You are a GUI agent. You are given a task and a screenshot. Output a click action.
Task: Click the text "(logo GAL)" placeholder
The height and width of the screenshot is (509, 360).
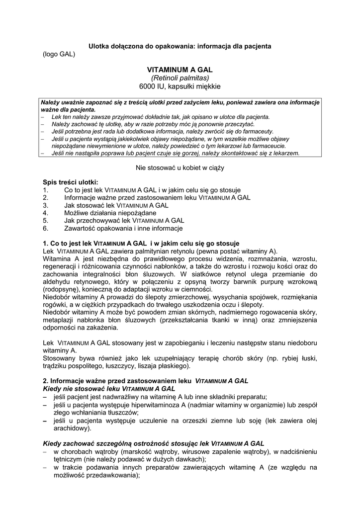click(x=59, y=54)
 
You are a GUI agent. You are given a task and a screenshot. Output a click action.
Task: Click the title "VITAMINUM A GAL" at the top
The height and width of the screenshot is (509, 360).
click(x=180, y=70)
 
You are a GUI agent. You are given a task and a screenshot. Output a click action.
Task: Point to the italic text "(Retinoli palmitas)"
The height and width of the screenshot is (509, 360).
click(x=180, y=78)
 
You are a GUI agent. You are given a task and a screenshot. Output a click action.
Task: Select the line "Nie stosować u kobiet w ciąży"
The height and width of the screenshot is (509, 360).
click(x=180, y=168)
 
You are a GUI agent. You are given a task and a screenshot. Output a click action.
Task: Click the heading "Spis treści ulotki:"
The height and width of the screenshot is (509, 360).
click(x=71, y=182)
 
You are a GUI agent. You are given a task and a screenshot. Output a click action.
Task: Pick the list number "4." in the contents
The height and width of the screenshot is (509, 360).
click(x=46, y=213)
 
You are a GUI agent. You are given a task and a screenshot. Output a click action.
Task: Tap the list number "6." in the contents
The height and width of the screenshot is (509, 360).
click(x=46, y=228)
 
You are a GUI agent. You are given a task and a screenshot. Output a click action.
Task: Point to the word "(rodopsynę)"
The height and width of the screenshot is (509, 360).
click(x=60, y=289)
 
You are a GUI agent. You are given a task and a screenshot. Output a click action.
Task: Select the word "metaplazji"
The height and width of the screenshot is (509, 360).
click(x=58, y=320)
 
